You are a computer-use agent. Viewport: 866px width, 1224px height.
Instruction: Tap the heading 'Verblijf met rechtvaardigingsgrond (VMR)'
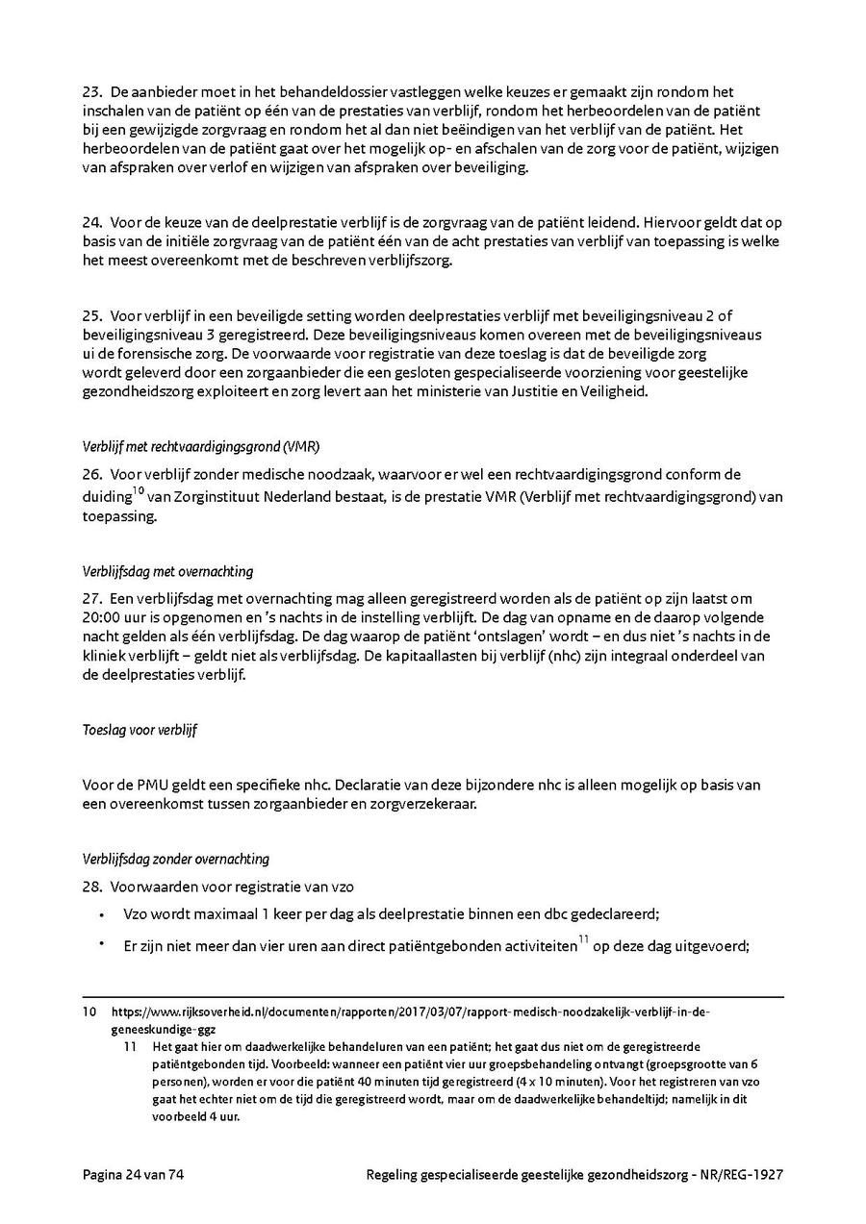[x=201, y=446]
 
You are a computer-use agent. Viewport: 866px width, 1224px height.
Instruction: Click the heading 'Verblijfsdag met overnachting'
[x=168, y=571]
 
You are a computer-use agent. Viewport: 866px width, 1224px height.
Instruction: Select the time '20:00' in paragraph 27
[x=101, y=617]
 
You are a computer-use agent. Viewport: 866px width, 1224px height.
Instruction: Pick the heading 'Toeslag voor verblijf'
[x=140, y=730]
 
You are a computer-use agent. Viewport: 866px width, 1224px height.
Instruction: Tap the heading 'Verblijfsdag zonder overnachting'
[x=176, y=859]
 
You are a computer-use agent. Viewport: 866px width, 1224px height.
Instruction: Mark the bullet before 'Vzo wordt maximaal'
[x=102, y=915]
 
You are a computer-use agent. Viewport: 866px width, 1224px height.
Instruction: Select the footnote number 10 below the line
[x=89, y=1012]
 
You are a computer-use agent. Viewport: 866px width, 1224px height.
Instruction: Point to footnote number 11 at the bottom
[x=132, y=1046]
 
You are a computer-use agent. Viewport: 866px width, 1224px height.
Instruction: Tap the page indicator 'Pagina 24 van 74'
[x=133, y=1175]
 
